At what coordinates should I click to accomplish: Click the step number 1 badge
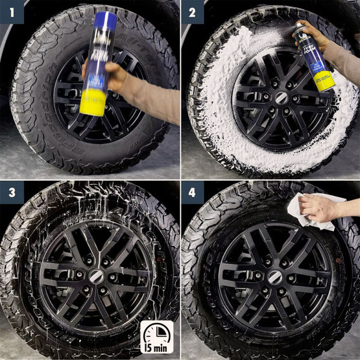coord(12,12)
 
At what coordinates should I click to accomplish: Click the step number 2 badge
coord(193,12)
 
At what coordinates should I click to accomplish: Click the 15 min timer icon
coord(156,337)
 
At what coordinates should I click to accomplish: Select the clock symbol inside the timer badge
coord(156,331)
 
